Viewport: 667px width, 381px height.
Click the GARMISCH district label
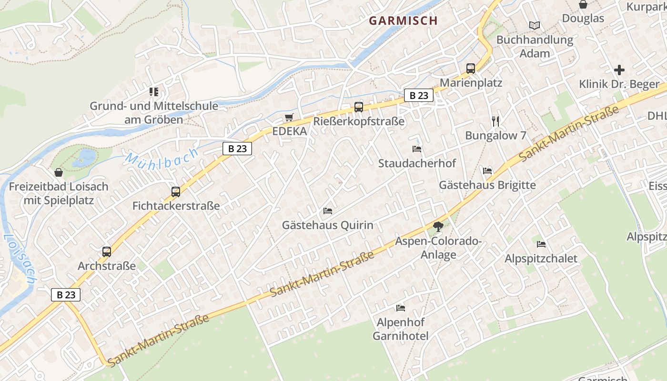(403, 20)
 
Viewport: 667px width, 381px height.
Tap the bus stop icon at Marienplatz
(471, 69)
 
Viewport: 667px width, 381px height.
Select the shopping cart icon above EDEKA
(289, 117)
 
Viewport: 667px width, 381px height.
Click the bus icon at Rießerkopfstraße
(359, 107)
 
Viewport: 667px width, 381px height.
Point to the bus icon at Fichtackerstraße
(176, 192)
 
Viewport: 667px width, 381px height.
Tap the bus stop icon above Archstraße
(107, 252)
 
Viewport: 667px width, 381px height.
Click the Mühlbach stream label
(162, 158)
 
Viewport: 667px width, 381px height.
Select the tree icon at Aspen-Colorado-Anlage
(438, 227)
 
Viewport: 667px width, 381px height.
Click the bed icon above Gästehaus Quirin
(328, 211)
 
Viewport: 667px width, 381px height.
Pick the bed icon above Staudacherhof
(417, 149)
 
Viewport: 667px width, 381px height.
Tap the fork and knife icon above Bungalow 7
(495, 121)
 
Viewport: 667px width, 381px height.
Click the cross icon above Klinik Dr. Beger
(619, 70)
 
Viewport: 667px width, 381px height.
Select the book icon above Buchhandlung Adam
(535, 26)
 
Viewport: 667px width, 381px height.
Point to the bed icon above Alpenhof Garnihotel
(401, 308)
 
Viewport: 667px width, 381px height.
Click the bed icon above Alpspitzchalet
(541, 244)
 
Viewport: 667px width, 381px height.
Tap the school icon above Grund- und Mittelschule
(153, 91)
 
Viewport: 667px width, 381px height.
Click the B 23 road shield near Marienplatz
(419, 95)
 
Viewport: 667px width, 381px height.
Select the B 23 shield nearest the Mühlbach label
(237, 149)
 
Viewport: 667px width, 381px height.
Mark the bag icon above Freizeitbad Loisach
(59, 172)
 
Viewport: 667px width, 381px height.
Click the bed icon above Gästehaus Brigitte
(487, 170)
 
